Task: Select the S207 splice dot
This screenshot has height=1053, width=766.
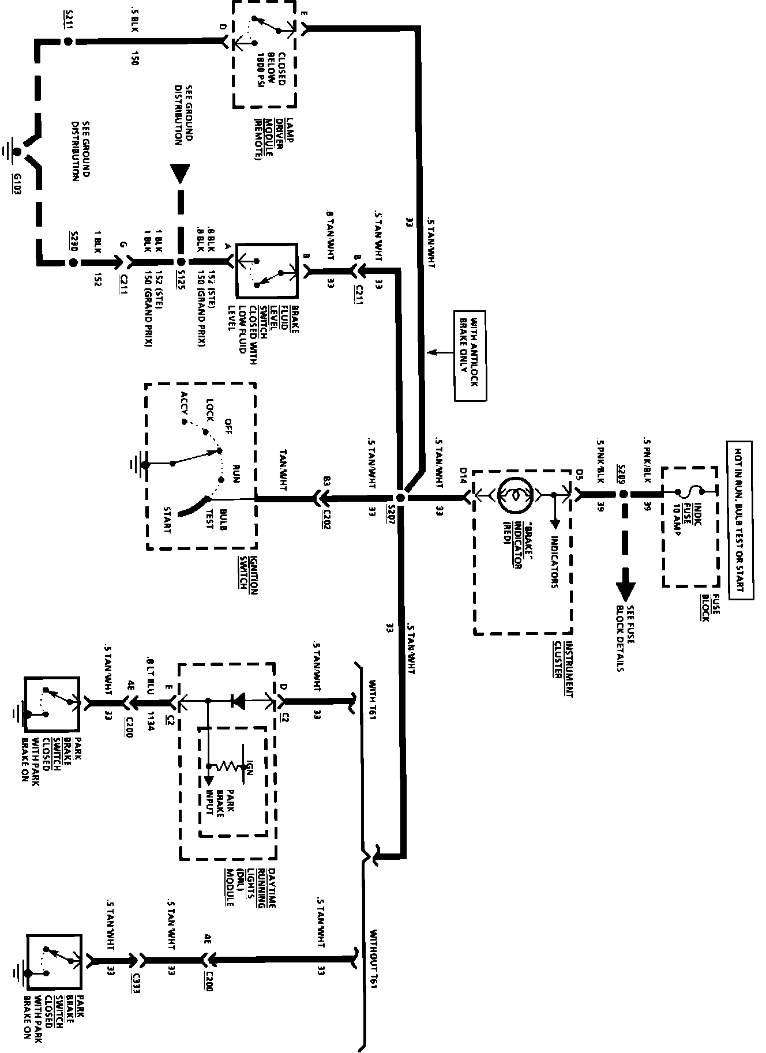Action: [401, 497]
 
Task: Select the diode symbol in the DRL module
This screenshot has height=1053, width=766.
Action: [237, 701]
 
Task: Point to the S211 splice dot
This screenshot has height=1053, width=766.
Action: [68, 42]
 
